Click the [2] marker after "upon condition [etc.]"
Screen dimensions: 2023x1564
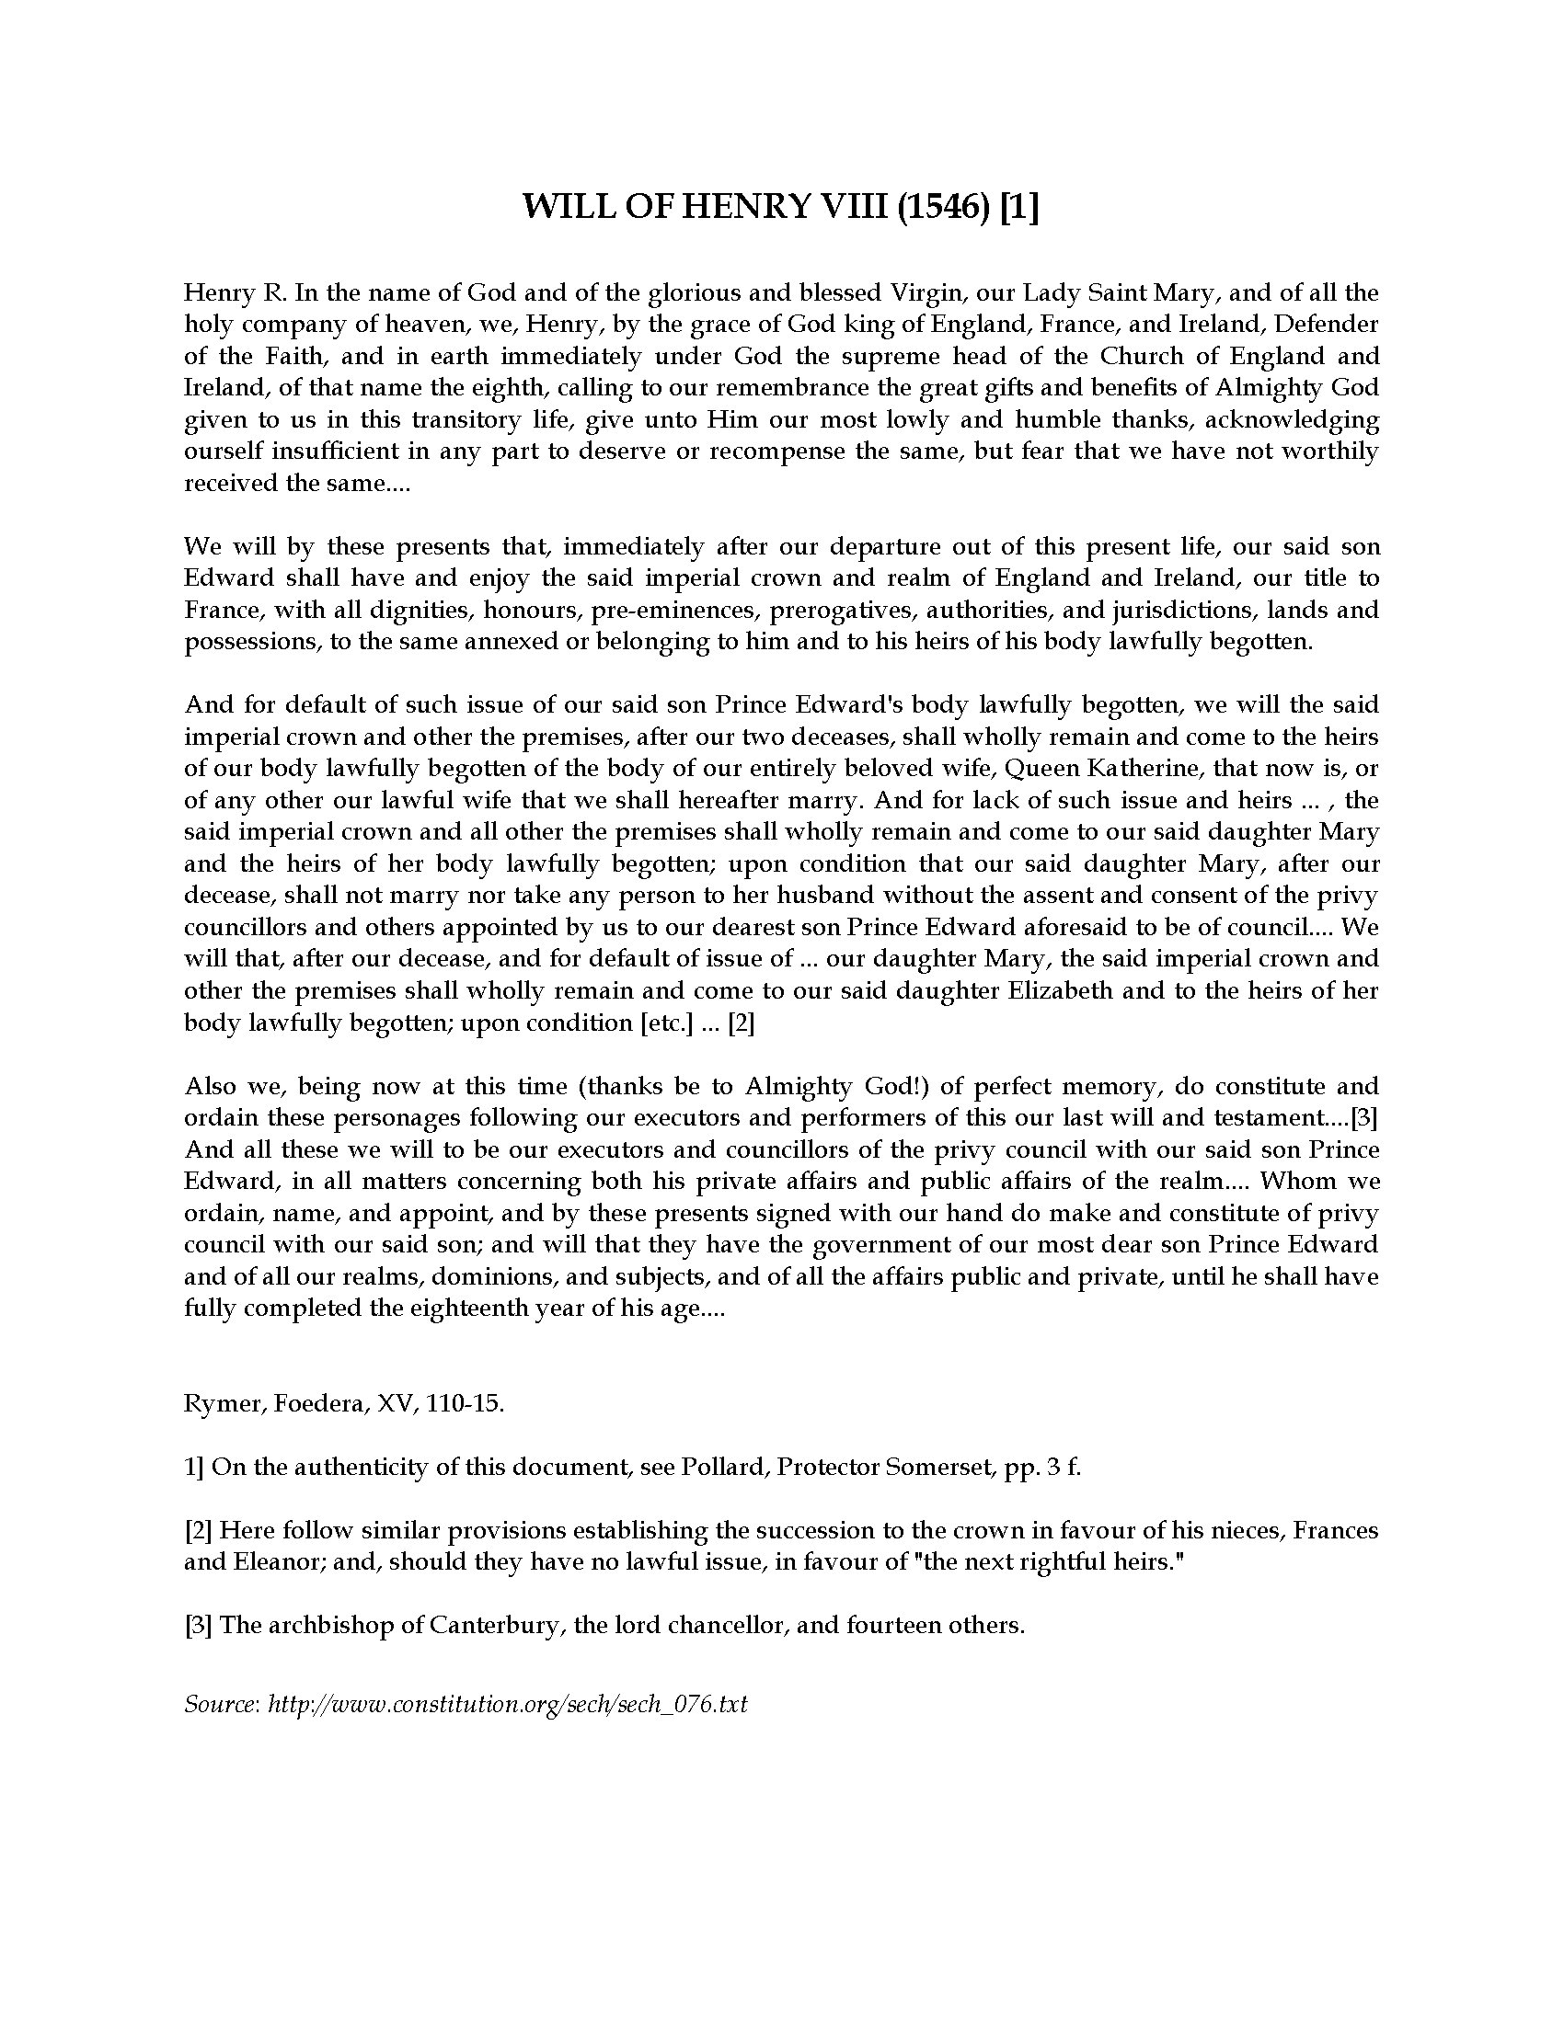(x=742, y=1023)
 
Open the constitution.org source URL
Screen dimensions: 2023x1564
(x=507, y=1705)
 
